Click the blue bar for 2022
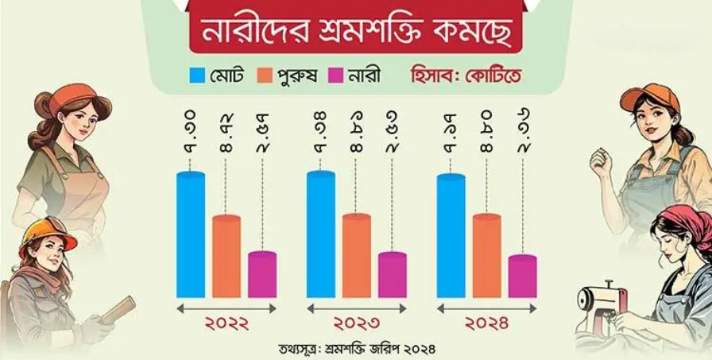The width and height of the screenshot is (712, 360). coord(191,234)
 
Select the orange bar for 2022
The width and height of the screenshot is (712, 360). coord(226,256)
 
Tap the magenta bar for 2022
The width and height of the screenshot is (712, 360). coord(262,275)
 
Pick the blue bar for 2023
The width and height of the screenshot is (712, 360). coord(320,234)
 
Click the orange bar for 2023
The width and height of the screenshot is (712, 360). coord(357,256)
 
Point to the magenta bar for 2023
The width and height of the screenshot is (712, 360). coord(393,275)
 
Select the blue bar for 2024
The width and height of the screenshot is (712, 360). coord(451,236)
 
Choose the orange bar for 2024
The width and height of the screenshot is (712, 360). coord(487,256)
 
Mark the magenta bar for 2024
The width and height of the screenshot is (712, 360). coord(523,277)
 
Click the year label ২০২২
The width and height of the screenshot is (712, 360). coord(226,324)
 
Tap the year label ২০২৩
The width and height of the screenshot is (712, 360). coord(356,324)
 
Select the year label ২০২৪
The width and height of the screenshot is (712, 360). coord(486,324)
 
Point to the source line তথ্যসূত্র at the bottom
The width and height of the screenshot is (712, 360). coord(356,348)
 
